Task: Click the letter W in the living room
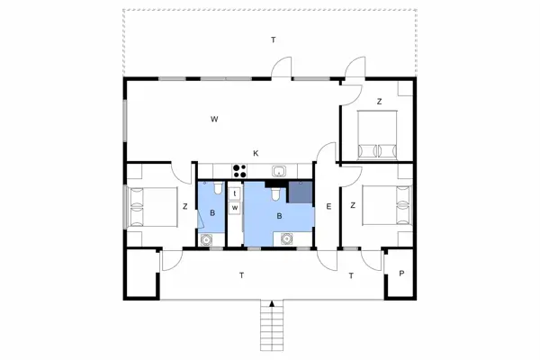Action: pos(215,119)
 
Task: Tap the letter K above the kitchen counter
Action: pos(256,153)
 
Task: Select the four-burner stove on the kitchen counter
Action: pos(240,170)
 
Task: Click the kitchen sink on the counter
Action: pos(279,171)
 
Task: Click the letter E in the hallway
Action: pos(328,207)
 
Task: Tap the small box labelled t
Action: pos(235,193)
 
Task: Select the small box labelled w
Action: pos(235,208)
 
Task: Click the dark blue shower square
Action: pos(299,194)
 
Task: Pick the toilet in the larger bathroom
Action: pos(272,192)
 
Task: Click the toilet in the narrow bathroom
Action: pos(217,190)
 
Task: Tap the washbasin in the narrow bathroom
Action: pos(207,239)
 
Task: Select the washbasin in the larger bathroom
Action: pos(287,239)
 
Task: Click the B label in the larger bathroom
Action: pos(279,217)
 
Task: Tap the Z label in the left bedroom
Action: pos(184,208)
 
